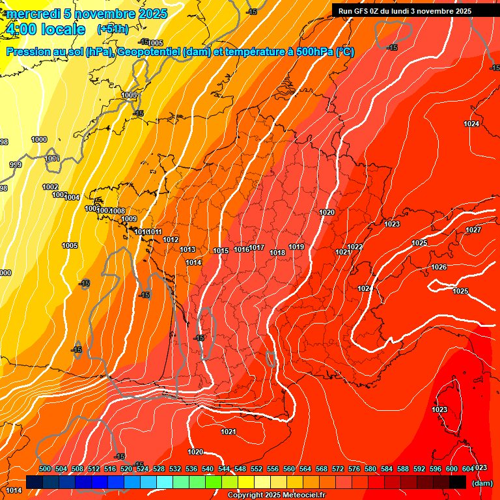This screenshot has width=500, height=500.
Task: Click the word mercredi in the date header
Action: [x=33, y=14]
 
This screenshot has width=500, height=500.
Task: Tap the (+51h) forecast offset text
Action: [x=113, y=29]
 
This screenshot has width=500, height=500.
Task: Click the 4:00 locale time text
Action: [x=46, y=29]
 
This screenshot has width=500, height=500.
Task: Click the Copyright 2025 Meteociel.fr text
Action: [x=276, y=495]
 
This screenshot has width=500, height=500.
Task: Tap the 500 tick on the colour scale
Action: [x=45, y=469]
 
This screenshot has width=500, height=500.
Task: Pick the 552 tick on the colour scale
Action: [x=257, y=469]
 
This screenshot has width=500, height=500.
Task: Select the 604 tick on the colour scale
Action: [x=467, y=469]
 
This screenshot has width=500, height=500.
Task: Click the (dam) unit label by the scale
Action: [x=482, y=483]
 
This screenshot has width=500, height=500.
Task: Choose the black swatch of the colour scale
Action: [x=458, y=482]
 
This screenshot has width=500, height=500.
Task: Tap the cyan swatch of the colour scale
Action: [x=165, y=482]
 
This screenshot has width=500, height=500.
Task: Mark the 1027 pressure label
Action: [x=473, y=230]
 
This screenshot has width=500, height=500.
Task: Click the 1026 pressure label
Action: [x=439, y=267]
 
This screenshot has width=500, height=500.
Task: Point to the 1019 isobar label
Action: [x=297, y=247]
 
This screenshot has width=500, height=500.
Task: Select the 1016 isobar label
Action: [x=242, y=249]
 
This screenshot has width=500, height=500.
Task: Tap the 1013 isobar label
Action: [x=188, y=249]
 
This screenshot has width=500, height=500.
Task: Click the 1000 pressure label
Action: [x=39, y=139]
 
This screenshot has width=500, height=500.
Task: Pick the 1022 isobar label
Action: [x=355, y=247]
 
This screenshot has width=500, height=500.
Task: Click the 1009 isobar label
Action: [x=129, y=219]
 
